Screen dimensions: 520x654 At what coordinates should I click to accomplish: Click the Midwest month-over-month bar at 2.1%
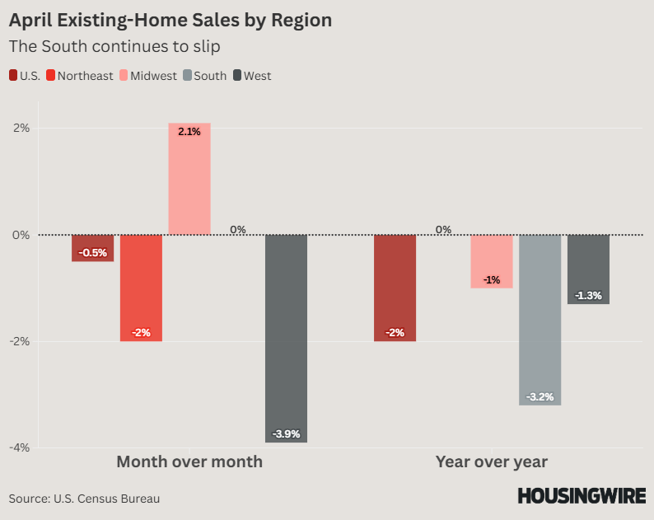click(x=189, y=179)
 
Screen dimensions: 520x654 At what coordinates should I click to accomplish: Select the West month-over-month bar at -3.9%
click(x=286, y=338)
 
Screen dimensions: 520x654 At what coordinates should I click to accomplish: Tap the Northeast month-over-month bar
click(x=141, y=288)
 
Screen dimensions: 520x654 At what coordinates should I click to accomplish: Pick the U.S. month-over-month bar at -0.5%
click(x=92, y=248)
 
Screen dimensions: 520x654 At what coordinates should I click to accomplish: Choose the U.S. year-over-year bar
click(x=395, y=288)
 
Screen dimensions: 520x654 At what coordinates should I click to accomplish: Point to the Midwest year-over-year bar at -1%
click(x=492, y=261)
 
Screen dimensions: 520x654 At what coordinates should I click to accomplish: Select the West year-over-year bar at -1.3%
click(x=588, y=269)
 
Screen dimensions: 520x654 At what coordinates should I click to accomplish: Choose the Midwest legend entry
click(x=153, y=76)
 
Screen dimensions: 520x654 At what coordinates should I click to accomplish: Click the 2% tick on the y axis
click(x=21, y=128)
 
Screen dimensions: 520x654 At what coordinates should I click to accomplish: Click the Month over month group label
click(x=189, y=461)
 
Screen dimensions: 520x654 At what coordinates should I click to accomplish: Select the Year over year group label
click(x=492, y=461)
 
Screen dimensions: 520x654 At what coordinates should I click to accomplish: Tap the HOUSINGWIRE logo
click(x=582, y=496)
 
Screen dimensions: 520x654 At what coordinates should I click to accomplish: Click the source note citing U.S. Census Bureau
click(x=84, y=499)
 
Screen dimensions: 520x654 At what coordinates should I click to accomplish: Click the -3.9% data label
click(x=286, y=434)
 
